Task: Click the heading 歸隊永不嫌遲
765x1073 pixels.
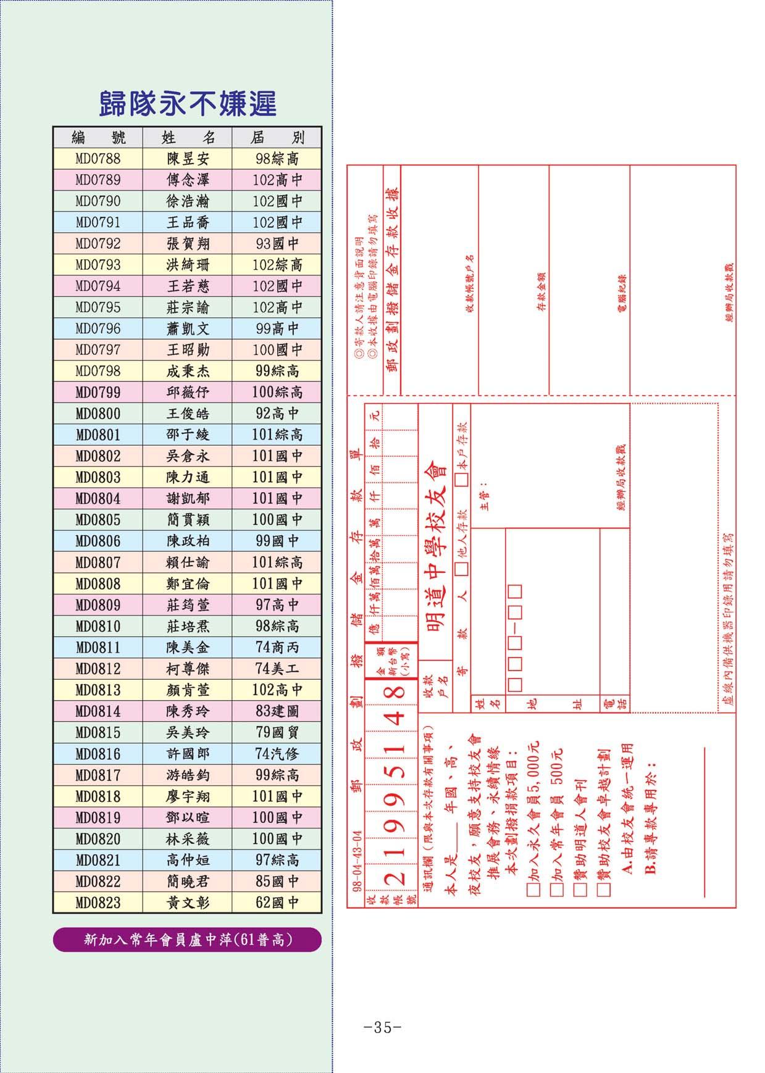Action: click(187, 104)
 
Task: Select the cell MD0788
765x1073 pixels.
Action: click(98, 159)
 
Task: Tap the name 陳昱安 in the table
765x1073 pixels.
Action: click(188, 159)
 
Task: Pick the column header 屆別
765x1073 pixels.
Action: click(277, 137)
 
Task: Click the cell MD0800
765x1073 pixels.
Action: click(98, 414)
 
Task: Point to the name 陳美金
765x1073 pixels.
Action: click(188, 648)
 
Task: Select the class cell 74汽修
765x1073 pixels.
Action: click(277, 754)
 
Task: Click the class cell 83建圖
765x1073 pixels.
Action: click(277, 711)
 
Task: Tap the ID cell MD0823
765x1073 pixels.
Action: click(98, 903)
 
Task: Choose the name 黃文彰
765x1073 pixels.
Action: click(188, 903)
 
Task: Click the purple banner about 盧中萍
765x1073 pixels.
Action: click(187, 940)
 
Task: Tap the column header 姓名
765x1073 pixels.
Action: click(188, 137)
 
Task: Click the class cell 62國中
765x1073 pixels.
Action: click(277, 903)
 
